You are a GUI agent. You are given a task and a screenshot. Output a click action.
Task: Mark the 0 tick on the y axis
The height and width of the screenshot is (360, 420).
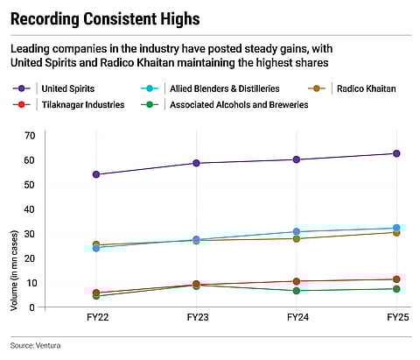click(31, 307)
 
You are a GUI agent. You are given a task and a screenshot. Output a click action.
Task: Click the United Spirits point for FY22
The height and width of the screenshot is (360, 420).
click(95, 174)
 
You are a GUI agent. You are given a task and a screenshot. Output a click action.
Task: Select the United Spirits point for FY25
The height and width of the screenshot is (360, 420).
click(396, 153)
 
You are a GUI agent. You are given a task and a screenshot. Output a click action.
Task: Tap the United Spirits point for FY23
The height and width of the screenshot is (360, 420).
click(196, 163)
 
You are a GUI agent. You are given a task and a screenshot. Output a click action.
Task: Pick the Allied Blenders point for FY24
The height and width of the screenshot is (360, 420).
click(296, 231)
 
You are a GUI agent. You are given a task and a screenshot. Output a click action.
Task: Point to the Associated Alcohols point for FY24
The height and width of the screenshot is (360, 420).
click(296, 291)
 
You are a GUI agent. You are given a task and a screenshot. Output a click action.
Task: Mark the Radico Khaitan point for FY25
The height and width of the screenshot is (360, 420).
click(396, 232)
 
